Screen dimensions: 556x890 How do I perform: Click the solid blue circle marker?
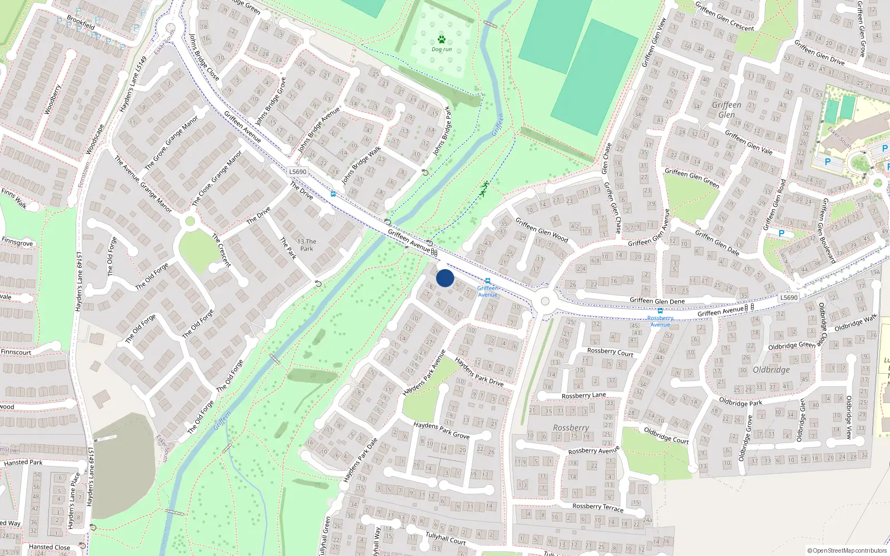click(x=445, y=278)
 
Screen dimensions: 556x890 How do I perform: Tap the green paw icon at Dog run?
click(x=442, y=39)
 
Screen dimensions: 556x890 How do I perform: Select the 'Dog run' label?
click(x=442, y=49)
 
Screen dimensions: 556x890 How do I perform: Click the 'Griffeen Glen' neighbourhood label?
click(x=726, y=110)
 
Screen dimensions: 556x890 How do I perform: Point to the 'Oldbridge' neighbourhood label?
click(x=771, y=370)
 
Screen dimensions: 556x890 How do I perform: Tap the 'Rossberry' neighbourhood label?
click(x=571, y=428)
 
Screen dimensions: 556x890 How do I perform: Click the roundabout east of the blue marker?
click(x=545, y=301)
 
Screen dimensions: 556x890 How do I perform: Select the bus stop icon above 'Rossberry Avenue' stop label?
click(x=660, y=311)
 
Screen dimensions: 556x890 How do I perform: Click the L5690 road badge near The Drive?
click(x=298, y=172)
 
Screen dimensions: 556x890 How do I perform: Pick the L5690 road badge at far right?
click(x=789, y=297)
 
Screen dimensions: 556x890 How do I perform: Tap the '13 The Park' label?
click(x=306, y=245)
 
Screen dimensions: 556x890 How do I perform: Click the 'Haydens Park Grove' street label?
click(x=441, y=430)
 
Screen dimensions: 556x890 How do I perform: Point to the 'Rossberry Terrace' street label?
click(x=598, y=507)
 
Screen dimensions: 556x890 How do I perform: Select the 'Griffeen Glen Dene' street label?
click(x=657, y=301)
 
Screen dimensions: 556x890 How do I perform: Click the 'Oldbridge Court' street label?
click(x=666, y=435)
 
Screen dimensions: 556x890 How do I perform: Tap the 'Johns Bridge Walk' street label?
click(x=362, y=165)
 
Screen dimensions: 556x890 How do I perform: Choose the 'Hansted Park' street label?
click(x=23, y=463)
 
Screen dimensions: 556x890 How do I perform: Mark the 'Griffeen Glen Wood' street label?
click(x=541, y=230)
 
